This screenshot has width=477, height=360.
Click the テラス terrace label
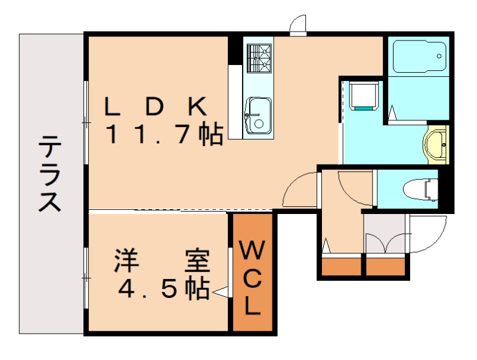pos(50,173)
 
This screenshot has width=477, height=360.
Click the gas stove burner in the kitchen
pos(259,58)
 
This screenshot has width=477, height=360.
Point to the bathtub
pos(419,56)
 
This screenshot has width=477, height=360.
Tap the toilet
pos(421,190)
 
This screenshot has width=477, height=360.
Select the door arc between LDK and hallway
pos(301,191)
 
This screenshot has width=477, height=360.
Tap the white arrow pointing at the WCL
pos(221,292)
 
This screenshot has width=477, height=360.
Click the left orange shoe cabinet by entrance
pos(342,266)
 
